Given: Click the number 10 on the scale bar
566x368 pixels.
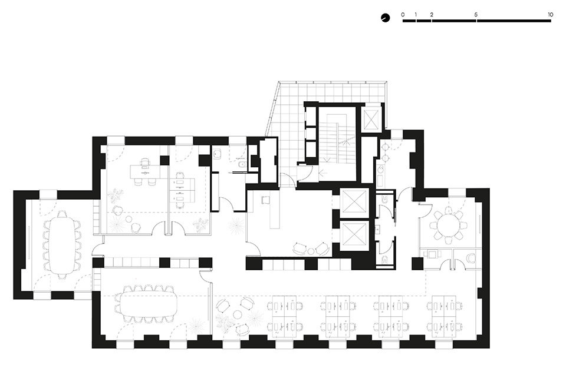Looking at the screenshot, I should (x=549, y=14).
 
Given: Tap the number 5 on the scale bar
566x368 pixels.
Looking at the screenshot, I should (x=476, y=14).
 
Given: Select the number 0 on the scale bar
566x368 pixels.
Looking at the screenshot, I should (x=403, y=14).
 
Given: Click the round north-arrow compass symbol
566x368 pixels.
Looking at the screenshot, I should (x=385, y=18).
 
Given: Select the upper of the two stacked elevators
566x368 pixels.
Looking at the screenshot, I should (x=354, y=203).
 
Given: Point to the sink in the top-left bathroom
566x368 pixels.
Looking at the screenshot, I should (x=217, y=155).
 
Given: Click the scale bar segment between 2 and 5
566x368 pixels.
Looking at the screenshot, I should (x=454, y=21).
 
